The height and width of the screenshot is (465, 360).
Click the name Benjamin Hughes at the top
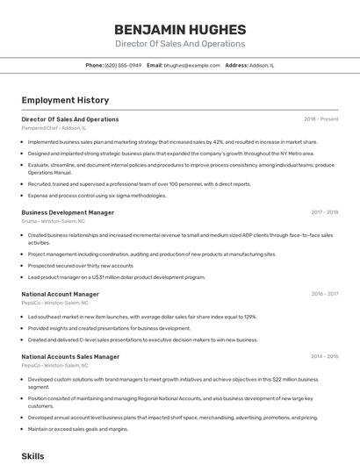180,27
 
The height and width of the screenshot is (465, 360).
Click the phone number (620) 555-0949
123,66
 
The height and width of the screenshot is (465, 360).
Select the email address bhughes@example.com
191,66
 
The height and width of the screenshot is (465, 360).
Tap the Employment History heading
65,100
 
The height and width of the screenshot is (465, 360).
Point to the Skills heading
32,456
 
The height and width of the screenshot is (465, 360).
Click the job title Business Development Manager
68,212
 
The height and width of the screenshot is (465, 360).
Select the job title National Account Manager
60,294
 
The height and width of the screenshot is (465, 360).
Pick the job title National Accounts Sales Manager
70,357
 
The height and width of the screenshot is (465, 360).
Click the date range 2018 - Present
320,119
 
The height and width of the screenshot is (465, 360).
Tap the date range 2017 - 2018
324,212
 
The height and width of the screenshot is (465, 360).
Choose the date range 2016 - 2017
324,294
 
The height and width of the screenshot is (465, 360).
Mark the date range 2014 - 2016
324,357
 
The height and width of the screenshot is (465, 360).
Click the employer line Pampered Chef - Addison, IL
54,128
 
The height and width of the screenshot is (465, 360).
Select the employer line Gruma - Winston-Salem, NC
54,221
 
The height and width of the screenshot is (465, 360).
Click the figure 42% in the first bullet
219,141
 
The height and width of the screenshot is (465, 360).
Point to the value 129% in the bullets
249,317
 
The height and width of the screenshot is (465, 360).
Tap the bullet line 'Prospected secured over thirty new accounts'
81,266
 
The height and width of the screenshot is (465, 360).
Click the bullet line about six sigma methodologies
97,196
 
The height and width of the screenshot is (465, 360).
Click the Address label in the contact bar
236,66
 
